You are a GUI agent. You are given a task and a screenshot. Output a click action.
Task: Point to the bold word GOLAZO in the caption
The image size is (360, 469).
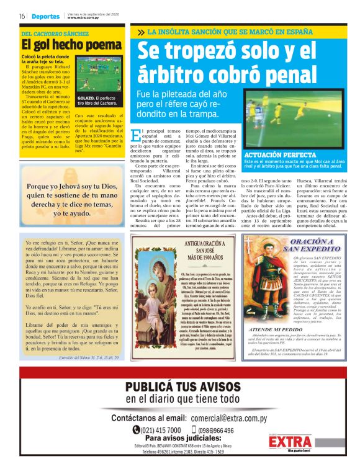click(86, 98)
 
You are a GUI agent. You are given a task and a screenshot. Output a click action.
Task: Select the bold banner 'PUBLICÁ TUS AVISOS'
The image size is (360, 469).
click(179, 388)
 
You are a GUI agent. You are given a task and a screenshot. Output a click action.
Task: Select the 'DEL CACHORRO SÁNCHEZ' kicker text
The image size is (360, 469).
click(55, 33)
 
